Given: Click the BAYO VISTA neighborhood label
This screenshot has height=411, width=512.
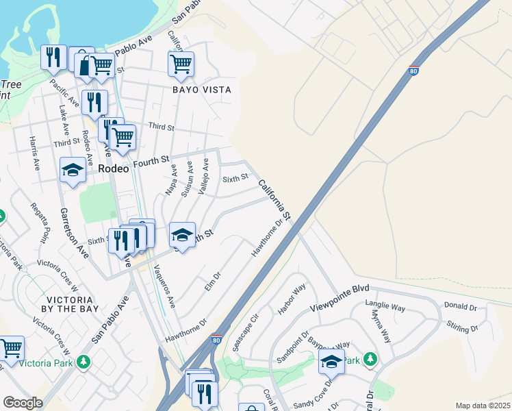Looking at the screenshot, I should coord(201,90).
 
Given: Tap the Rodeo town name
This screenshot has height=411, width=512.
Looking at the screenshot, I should coord(113,168).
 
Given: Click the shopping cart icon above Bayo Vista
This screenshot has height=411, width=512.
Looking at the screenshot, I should coord(181,64).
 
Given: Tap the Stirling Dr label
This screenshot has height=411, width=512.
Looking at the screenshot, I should coord(463,325).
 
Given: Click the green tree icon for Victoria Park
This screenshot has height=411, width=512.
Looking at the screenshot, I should coord(84,360).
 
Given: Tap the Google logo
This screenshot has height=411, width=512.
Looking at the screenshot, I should coord(23,403).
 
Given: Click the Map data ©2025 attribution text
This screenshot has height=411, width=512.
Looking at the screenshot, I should coord(483,406).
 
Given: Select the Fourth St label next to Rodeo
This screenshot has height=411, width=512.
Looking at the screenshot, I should coord(151,162).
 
